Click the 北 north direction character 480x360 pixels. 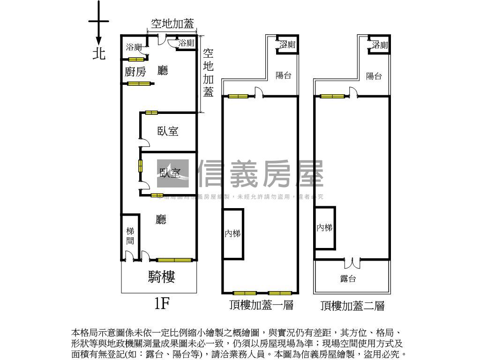click(98, 53)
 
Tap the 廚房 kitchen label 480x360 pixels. click(135, 72)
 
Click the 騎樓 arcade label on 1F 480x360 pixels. click(162, 277)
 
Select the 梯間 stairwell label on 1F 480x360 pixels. click(130, 236)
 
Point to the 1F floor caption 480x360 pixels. click(161, 304)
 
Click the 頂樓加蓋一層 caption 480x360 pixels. click(261, 306)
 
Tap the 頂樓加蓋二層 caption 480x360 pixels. click(352, 306)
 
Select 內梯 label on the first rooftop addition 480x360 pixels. click(232, 233)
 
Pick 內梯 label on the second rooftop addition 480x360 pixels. click(324, 228)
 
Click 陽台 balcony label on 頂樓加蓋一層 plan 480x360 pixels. click(284, 75)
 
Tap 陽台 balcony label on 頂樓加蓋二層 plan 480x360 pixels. click(374, 76)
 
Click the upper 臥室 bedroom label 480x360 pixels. click(168, 131)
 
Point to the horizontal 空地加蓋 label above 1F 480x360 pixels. click(172, 24)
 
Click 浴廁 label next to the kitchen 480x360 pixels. click(134, 47)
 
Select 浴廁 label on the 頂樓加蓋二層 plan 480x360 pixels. click(380, 45)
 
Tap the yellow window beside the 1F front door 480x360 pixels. click(174, 260)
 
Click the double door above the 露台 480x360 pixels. click(352, 260)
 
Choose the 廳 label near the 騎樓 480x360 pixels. click(162, 219)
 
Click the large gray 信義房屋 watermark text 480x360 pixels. click(261, 174)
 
